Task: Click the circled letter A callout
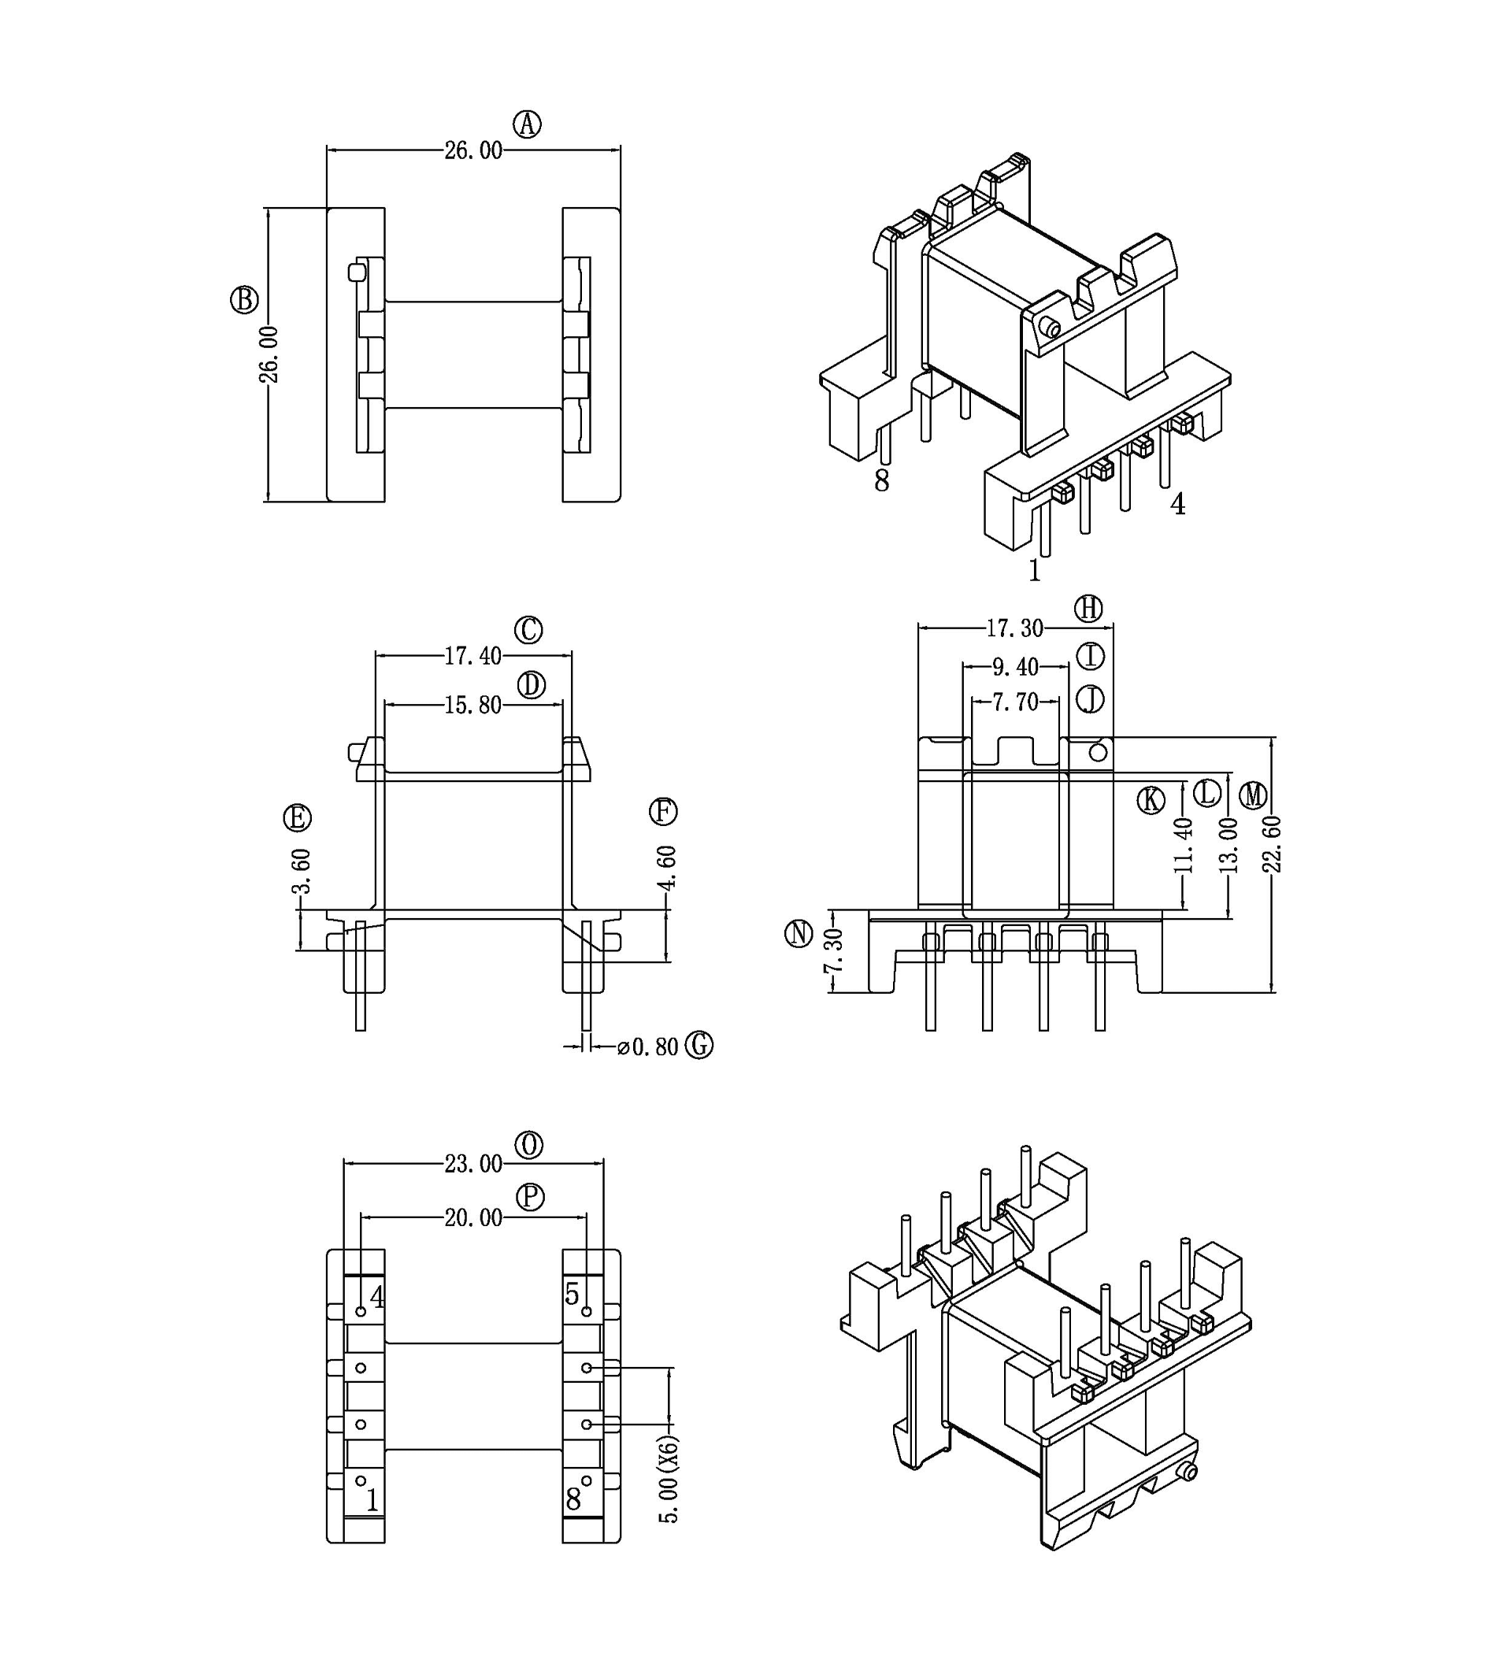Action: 528,124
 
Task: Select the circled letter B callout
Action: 244,300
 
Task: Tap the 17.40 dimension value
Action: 473,655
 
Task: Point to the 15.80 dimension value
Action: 473,705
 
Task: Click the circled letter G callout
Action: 699,1046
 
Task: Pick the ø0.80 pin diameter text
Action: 648,1047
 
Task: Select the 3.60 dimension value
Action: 302,871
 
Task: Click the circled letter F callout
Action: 663,812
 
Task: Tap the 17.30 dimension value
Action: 1014,628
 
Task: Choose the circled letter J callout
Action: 1091,700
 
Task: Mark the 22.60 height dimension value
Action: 1272,843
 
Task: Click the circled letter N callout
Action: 799,934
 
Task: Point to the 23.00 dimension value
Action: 474,1164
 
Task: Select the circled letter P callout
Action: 531,1197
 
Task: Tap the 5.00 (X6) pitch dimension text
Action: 670,1480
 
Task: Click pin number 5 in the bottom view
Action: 573,1295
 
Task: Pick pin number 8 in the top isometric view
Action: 881,480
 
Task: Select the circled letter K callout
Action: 1151,799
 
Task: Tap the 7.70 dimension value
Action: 1015,702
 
